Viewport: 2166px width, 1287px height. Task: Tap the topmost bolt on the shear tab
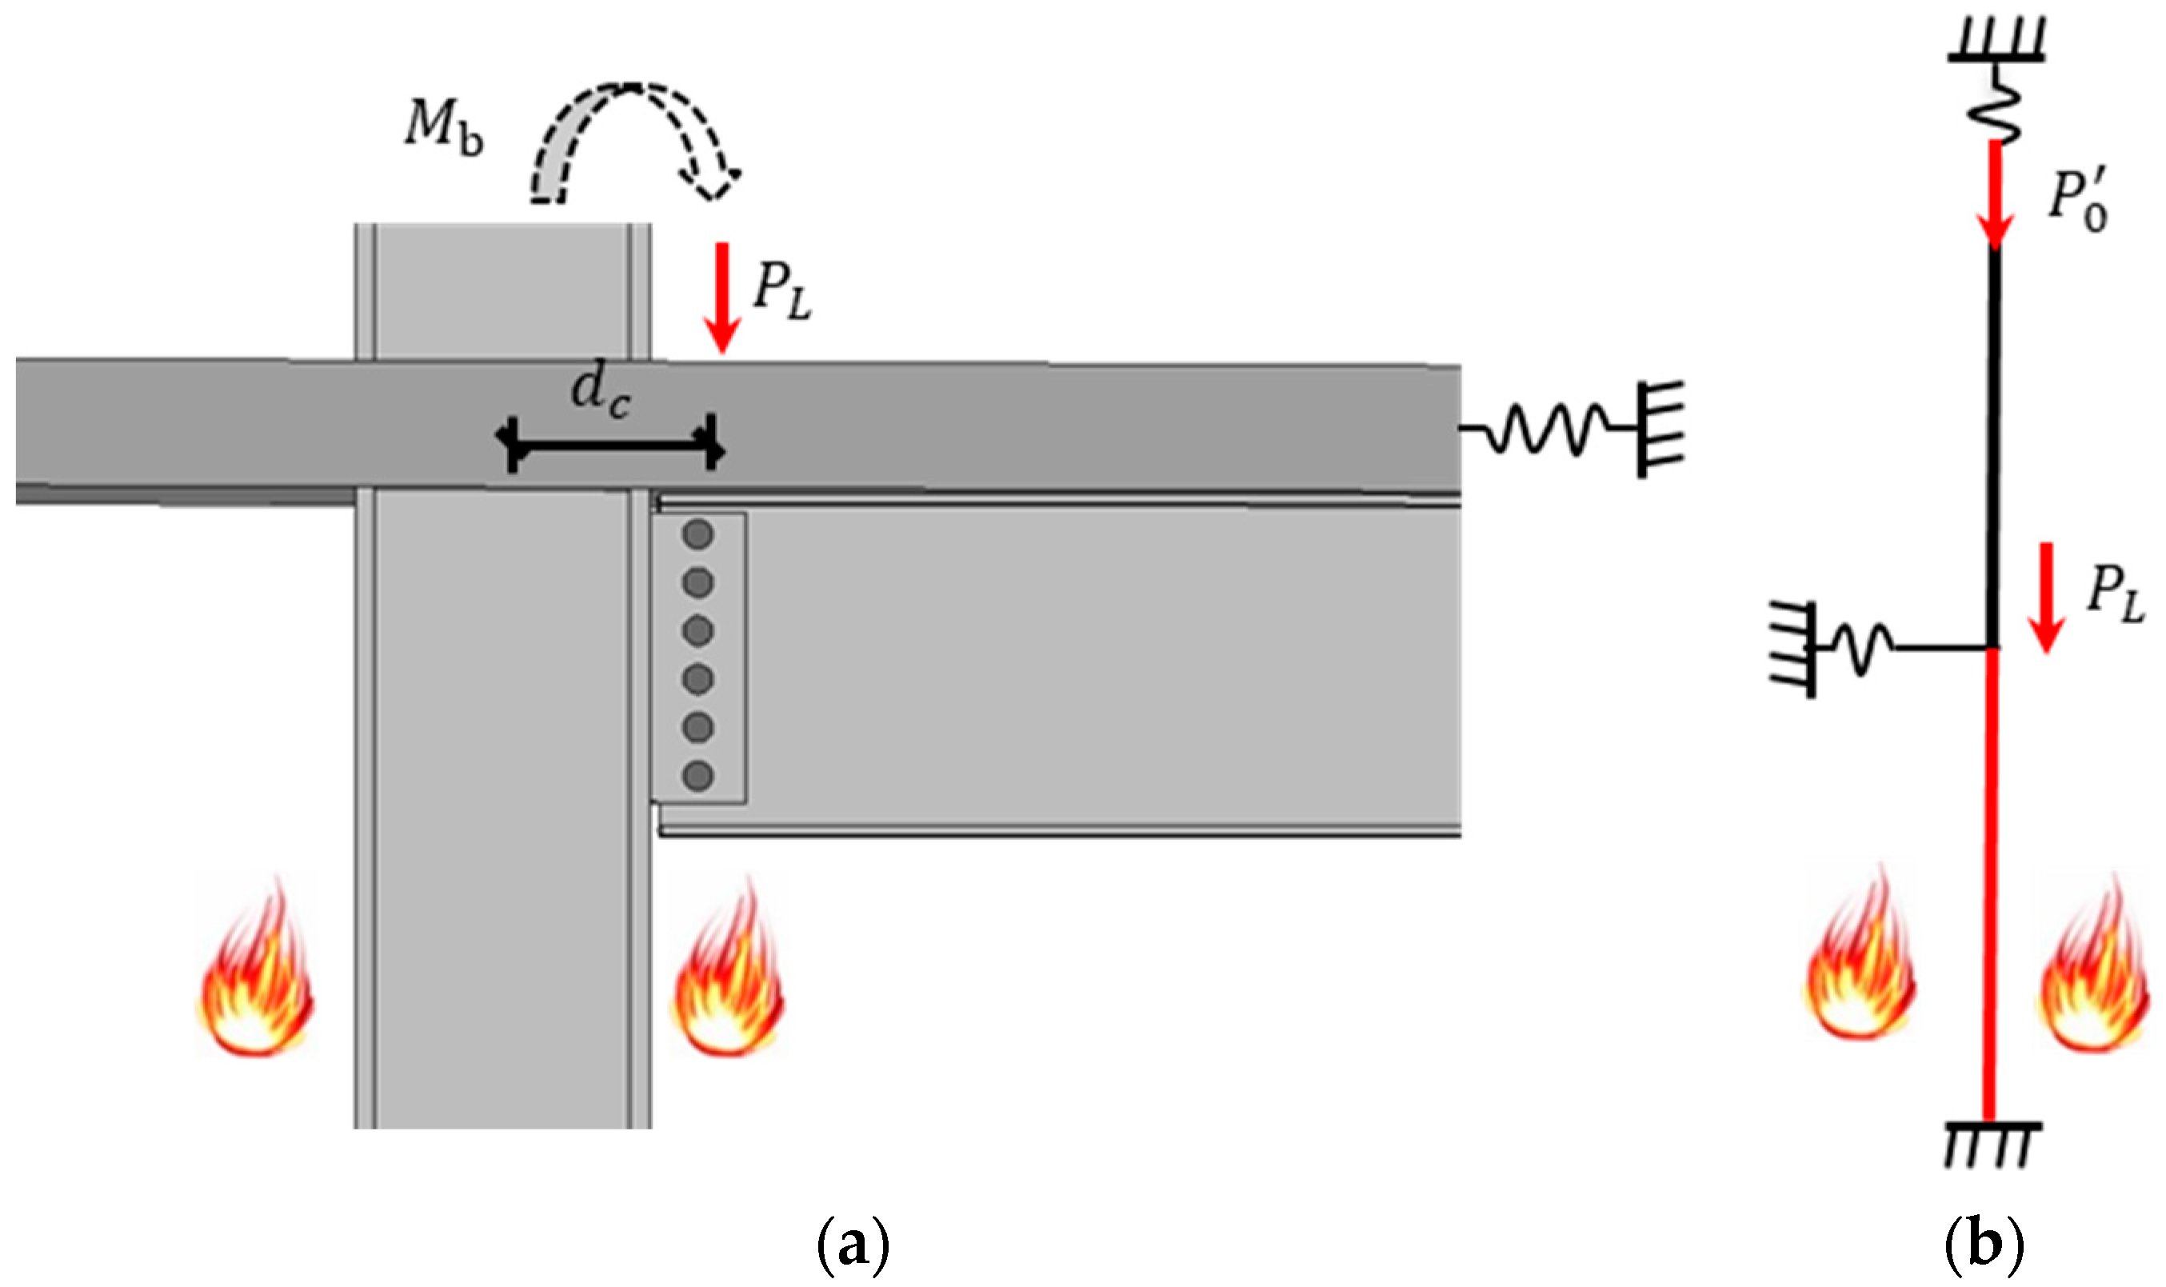click(698, 535)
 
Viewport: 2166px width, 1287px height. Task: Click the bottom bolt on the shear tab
click(698, 775)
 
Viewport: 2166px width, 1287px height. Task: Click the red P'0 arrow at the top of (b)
click(1994, 195)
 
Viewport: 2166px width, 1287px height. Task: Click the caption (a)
click(853, 1246)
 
